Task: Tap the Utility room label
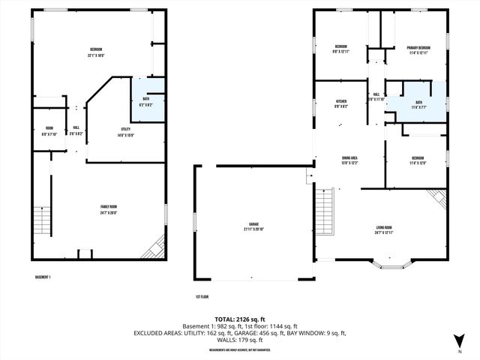125,131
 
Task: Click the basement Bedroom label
95,52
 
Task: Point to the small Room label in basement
49,130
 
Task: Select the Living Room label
383,229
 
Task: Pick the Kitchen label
340,103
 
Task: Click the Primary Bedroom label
418,50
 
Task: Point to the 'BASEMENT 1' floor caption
43,277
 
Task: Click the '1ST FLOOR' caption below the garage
201,295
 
